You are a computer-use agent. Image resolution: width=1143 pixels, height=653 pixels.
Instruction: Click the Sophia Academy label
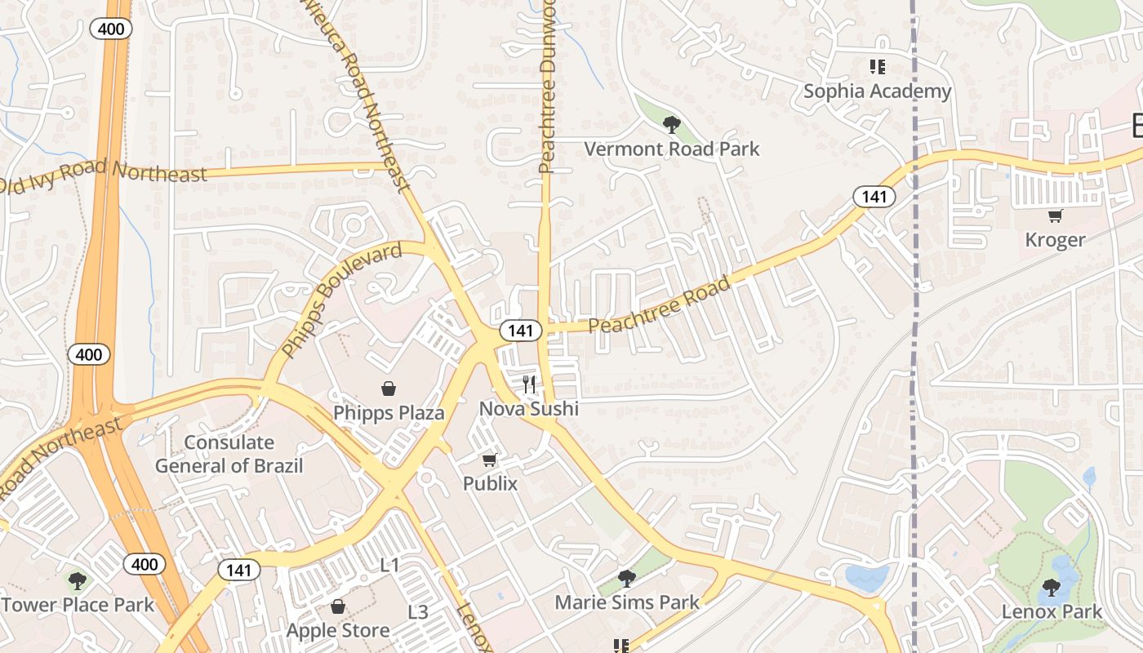click(877, 91)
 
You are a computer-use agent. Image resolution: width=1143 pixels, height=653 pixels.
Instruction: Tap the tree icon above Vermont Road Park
click(672, 125)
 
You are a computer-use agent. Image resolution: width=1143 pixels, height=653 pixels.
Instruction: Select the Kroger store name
click(1055, 240)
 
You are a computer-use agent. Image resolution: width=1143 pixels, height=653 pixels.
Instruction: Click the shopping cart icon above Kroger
click(1055, 216)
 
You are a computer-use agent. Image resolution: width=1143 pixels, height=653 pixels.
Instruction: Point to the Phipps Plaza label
click(389, 413)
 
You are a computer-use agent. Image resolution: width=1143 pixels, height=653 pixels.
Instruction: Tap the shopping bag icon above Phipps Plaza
click(389, 389)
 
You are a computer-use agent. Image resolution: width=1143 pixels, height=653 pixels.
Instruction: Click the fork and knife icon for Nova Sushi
click(530, 384)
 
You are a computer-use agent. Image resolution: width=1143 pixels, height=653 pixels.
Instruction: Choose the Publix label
click(490, 483)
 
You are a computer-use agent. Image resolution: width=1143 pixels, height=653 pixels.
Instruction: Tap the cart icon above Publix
click(490, 460)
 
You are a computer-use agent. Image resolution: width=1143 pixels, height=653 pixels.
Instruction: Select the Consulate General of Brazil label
click(229, 455)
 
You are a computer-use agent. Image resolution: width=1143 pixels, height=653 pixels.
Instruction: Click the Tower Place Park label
click(78, 605)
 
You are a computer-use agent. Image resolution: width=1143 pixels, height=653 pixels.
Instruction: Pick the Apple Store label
click(337, 630)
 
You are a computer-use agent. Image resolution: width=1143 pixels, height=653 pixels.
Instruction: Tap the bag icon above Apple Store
click(338, 606)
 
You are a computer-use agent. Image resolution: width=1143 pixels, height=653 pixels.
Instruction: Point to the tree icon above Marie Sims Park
click(626, 579)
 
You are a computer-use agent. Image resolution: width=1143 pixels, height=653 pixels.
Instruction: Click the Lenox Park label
click(1052, 611)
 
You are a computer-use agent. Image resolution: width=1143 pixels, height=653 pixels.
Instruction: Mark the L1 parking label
click(390, 565)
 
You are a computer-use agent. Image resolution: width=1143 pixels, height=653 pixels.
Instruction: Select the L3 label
click(417, 612)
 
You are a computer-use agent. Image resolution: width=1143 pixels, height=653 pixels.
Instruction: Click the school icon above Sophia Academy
click(877, 67)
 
